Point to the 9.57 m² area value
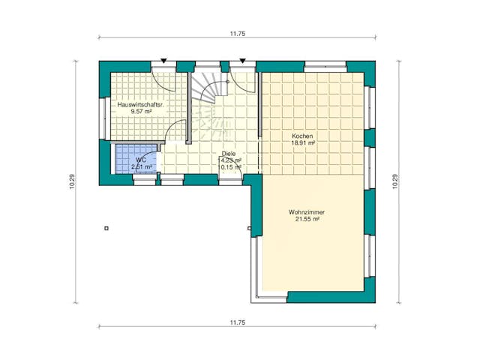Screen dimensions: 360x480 pyautogui.click(x=141, y=111)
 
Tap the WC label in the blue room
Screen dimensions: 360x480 pyautogui.click(x=140, y=160)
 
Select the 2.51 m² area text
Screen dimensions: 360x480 pyautogui.click(x=142, y=166)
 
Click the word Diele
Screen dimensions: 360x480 pyautogui.click(x=229, y=154)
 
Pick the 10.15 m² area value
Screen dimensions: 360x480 pyautogui.click(x=229, y=167)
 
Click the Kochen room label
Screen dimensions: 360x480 pyautogui.click(x=302, y=135)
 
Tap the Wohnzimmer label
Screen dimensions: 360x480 pyautogui.click(x=304, y=212)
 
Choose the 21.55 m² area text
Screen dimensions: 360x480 pyautogui.click(x=304, y=220)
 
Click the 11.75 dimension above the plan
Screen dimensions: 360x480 pyautogui.click(x=238, y=33)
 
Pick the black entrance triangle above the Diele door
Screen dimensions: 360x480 pyautogui.click(x=242, y=60)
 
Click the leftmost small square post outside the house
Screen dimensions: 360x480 pyautogui.click(x=106, y=228)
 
